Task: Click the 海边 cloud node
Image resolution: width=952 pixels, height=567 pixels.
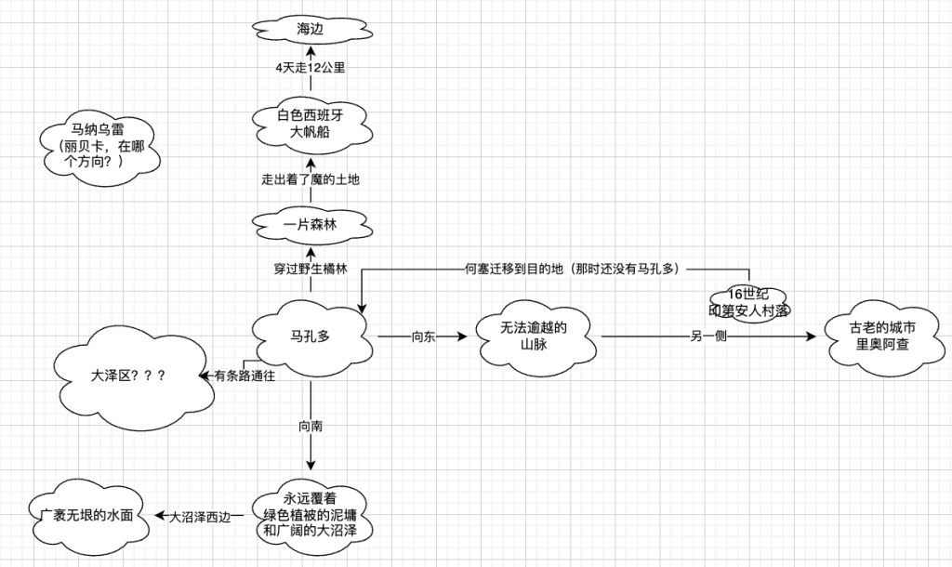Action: click(x=311, y=30)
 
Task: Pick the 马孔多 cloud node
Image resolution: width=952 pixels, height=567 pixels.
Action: click(x=311, y=336)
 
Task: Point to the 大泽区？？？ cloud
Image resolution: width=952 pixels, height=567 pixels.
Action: click(x=129, y=377)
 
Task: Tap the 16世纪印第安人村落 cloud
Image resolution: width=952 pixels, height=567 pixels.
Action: click(x=749, y=301)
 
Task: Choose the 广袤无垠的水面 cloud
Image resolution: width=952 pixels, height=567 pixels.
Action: click(x=93, y=514)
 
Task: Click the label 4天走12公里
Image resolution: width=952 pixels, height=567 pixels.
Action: click(x=311, y=69)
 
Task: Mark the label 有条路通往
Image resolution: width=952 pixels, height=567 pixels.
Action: click(x=245, y=376)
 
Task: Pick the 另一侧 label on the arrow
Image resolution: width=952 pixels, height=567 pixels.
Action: click(x=708, y=336)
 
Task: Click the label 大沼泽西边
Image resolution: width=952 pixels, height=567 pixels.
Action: click(x=205, y=516)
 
